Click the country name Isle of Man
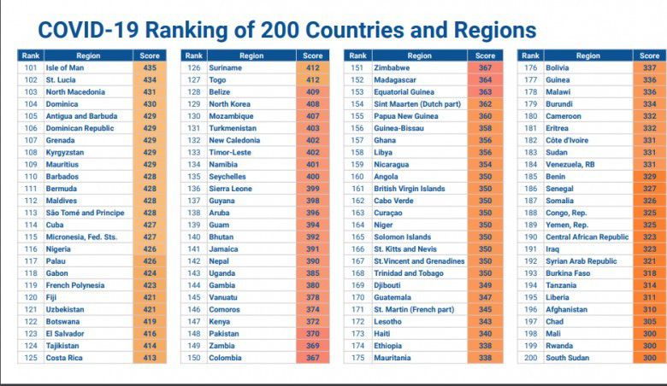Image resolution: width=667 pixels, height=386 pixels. click(x=65, y=67)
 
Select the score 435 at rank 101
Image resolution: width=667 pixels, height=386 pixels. click(x=150, y=67)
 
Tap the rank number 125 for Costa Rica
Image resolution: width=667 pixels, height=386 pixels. click(x=31, y=358)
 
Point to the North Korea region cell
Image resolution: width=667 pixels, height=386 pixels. click(x=231, y=103)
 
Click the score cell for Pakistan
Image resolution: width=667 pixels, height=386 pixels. click(x=312, y=334)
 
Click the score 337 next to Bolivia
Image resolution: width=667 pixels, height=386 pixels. click(x=649, y=67)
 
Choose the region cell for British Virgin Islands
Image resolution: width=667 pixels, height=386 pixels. click(x=410, y=189)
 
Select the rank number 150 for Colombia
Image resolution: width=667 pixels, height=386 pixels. click(x=193, y=358)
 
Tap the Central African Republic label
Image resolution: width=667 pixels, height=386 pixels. click(x=587, y=237)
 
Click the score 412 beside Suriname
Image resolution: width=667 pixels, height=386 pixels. click(x=312, y=67)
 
